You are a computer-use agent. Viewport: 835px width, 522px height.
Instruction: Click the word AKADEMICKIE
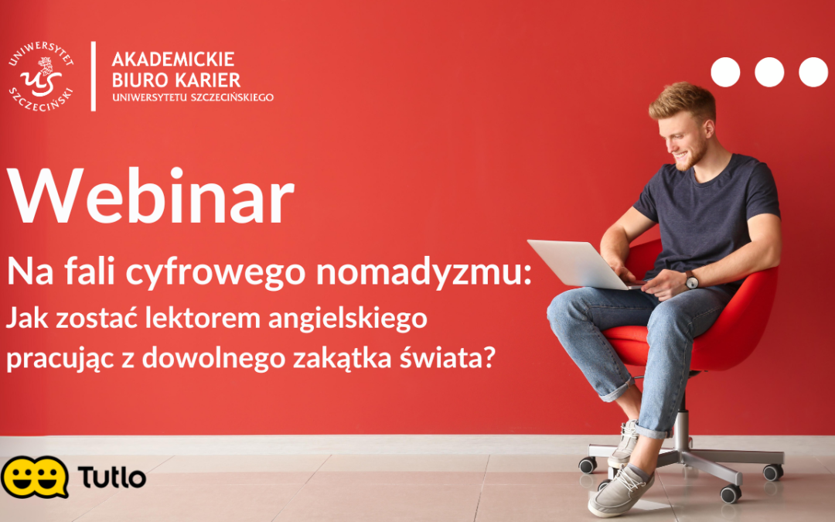[x=173, y=60]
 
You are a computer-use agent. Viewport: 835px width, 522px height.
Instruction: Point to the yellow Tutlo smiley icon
[x=34, y=476]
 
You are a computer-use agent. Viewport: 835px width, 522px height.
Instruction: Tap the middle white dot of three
[x=769, y=72]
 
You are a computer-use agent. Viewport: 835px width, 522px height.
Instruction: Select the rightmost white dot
[x=813, y=72]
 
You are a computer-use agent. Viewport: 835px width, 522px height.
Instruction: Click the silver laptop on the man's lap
[x=576, y=264]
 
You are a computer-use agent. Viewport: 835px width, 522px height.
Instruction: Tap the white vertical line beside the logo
[x=94, y=77]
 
